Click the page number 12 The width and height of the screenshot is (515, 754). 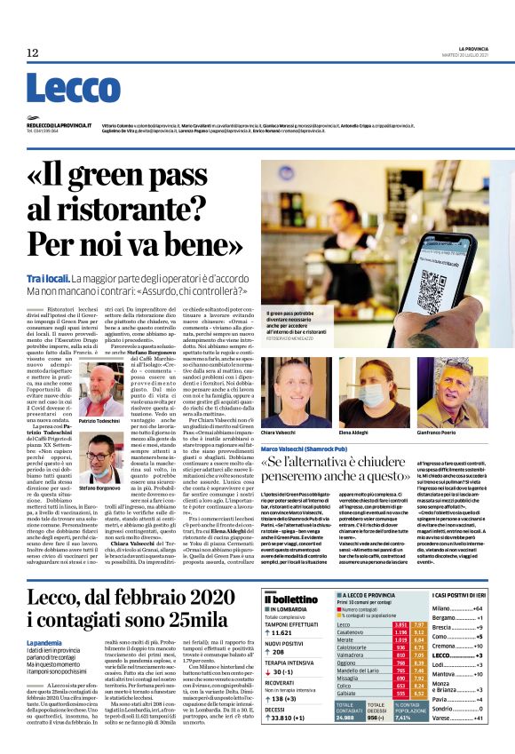click(32, 53)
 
